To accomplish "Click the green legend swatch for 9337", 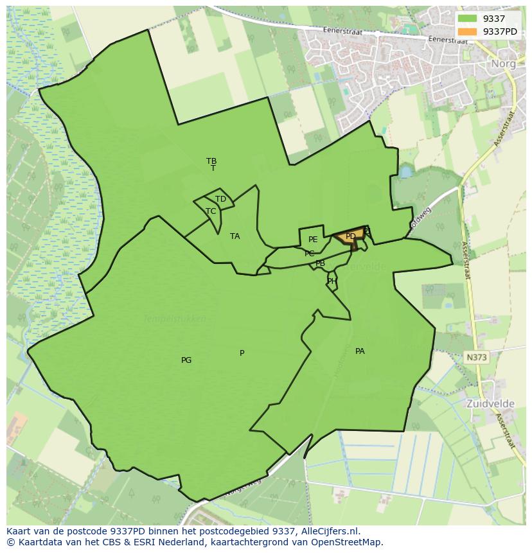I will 467,19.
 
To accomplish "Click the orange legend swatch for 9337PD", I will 467,31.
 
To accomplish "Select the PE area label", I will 313,240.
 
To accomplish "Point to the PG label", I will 186,360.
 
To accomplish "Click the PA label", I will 360,351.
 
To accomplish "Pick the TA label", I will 235,236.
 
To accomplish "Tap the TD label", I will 220,199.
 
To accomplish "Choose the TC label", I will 211,211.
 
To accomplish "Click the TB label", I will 211,161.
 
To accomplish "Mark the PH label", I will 332,281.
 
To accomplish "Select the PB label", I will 320,263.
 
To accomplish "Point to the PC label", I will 310,254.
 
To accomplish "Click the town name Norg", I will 504,64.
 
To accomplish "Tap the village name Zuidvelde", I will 491,405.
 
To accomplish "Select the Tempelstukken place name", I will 174,319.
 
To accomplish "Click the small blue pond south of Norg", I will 405,172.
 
